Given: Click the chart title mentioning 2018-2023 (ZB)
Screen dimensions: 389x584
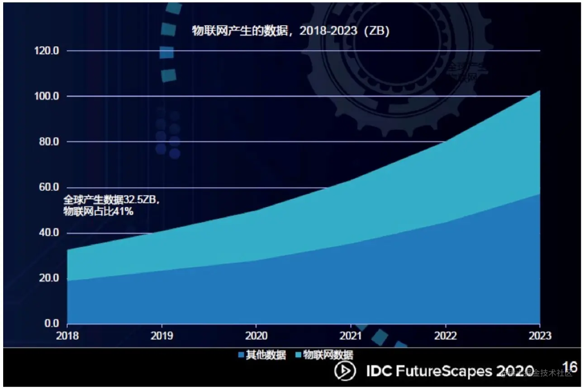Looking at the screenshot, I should click(x=291, y=32).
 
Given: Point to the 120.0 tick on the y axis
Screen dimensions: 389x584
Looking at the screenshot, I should click(x=47, y=51).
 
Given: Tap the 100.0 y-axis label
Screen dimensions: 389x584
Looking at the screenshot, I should click(x=47, y=96).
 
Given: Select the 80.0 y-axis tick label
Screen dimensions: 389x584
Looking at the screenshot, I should click(x=49, y=142).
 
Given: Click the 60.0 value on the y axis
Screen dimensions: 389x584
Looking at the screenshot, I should click(x=49, y=187).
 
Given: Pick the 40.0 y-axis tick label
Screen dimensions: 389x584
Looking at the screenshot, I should click(x=49, y=233).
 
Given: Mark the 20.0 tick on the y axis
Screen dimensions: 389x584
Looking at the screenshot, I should click(x=49, y=278).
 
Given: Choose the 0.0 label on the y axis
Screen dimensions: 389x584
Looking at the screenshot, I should click(x=51, y=323).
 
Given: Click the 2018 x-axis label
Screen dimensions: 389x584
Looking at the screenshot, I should click(x=67, y=336).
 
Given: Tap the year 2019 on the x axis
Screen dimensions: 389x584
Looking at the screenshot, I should click(x=162, y=336).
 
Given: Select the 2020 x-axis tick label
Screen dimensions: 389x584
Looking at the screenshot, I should click(x=256, y=336).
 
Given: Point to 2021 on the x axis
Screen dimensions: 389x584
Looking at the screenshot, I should click(x=351, y=336).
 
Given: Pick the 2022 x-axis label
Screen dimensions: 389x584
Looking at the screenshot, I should click(x=446, y=336).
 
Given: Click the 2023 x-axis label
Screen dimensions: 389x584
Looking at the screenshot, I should click(x=540, y=336).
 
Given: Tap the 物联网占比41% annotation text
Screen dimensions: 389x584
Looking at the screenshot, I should click(x=98, y=211).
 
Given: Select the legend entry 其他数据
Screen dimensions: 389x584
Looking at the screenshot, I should click(x=262, y=355).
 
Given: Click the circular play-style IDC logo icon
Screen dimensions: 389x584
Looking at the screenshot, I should click(x=345, y=371).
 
